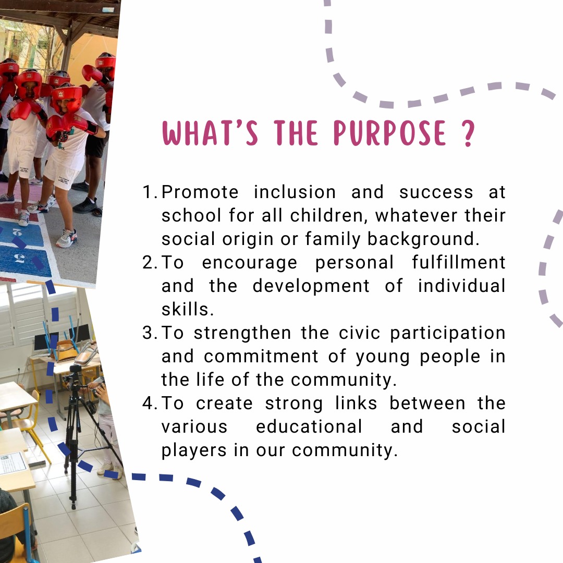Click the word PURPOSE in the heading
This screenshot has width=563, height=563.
pyautogui.click(x=390, y=133)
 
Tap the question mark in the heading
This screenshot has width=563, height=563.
pyautogui.click(x=468, y=133)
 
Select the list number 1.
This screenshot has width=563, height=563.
pyautogui.click(x=150, y=192)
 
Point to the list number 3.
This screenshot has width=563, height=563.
pyautogui.click(x=150, y=333)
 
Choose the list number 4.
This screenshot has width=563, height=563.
pyautogui.click(x=150, y=403)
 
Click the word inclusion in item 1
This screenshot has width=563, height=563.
pyautogui.click(x=295, y=192)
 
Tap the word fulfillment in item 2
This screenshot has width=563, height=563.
pyautogui.click(x=459, y=263)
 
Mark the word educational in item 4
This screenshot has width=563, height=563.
pyautogui.click(x=309, y=427)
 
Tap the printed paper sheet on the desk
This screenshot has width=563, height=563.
pyautogui.click(x=13, y=462)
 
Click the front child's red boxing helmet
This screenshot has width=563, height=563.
pyautogui.click(x=67, y=98)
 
